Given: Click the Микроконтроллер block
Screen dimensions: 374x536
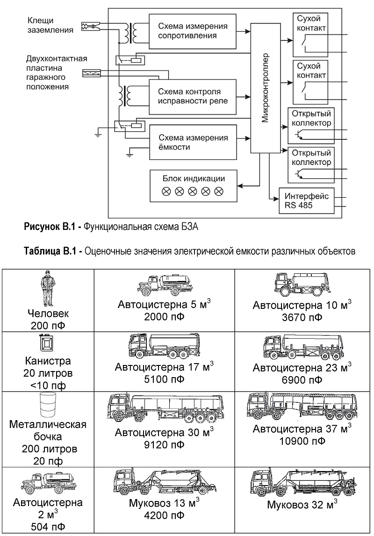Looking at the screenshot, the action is [265, 88].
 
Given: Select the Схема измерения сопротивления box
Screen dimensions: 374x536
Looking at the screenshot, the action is [193, 31].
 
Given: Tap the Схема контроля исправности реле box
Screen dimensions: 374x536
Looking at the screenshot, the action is [193, 97].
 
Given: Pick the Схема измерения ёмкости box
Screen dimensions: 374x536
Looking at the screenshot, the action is [193, 142].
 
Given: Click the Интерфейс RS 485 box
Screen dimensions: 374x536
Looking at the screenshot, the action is [306, 201].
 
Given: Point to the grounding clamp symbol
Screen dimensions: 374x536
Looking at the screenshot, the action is [91, 26].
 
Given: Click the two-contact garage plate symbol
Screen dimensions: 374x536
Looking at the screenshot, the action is [92, 73].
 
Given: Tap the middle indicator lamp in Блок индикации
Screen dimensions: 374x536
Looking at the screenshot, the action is [193, 192].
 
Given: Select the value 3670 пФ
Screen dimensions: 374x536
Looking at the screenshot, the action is [302, 318].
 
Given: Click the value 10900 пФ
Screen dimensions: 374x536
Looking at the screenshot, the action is [302, 441].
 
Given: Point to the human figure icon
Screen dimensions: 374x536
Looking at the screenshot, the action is [48, 288].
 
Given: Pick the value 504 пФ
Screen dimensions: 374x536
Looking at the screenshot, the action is [48, 527].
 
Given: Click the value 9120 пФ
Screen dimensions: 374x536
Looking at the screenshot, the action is [164, 445].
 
